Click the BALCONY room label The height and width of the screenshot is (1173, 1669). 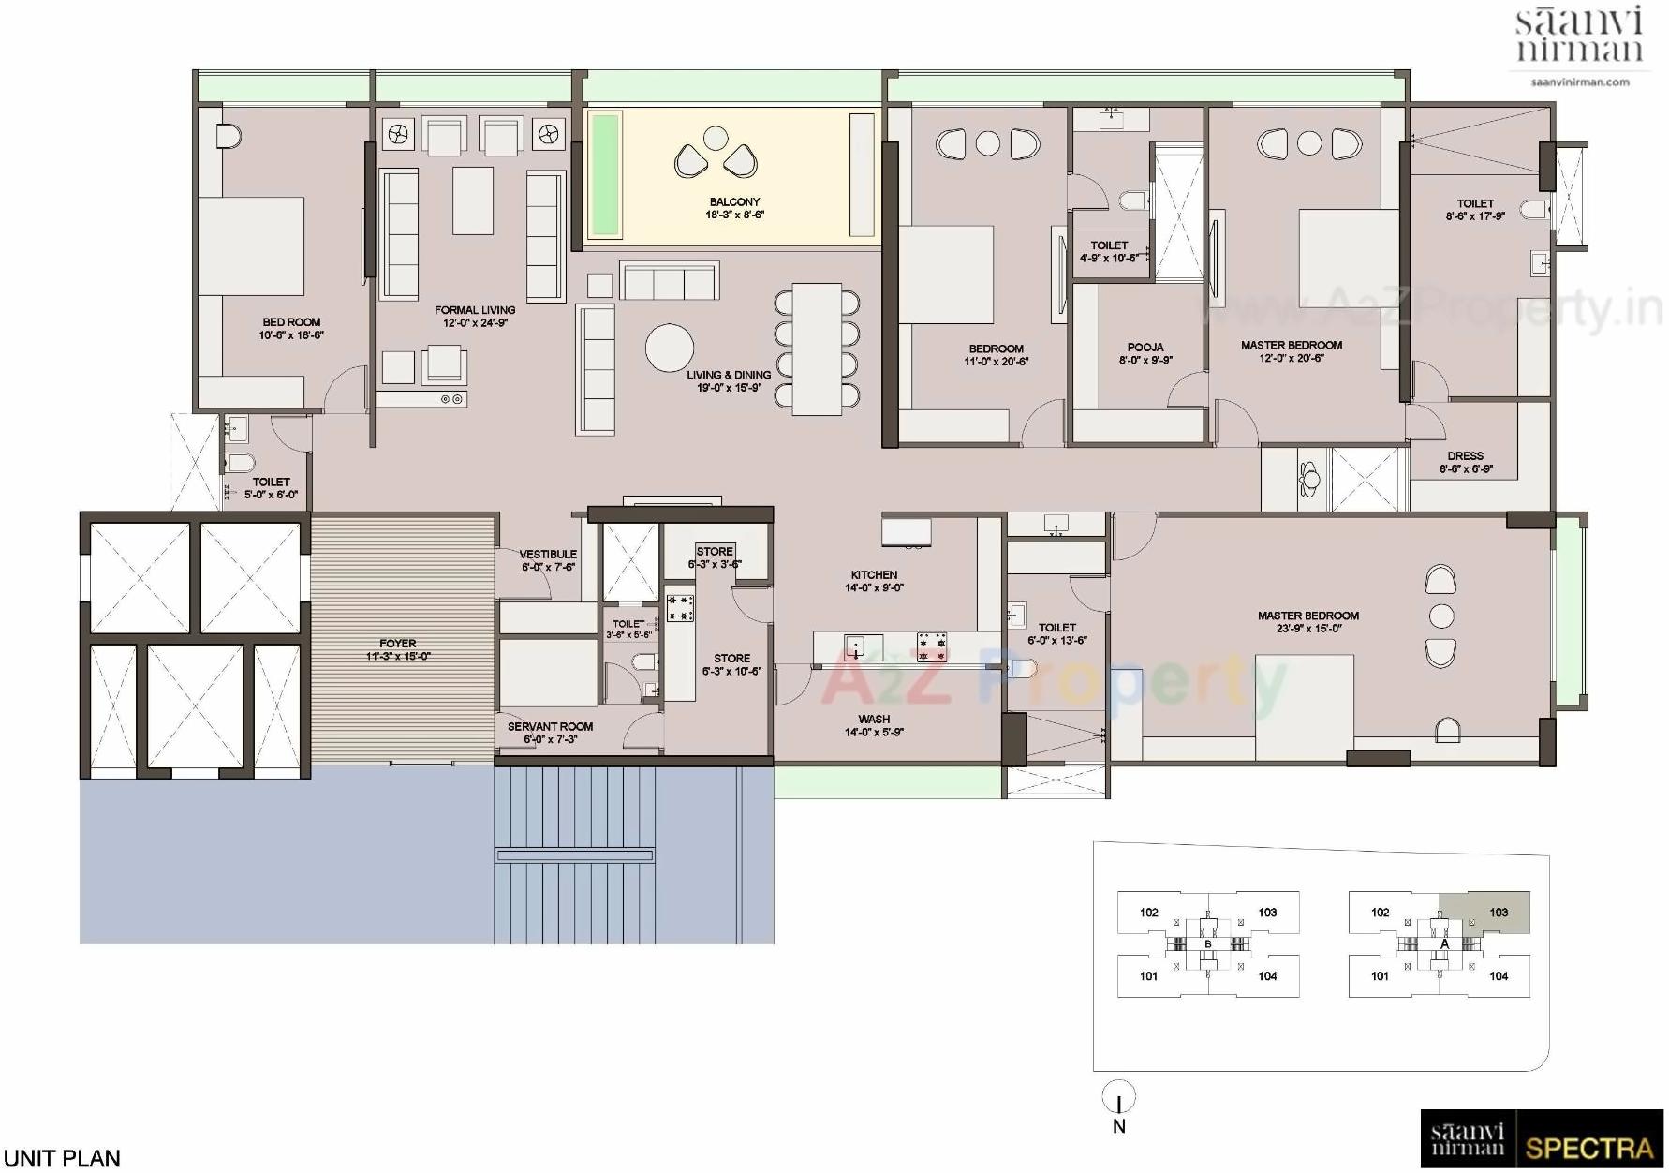[x=734, y=201]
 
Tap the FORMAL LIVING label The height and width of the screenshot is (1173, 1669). [x=475, y=310]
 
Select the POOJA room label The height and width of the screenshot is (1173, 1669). [x=1145, y=347]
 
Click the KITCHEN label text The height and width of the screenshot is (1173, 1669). [x=874, y=575]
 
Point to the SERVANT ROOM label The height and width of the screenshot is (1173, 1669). [x=550, y=726]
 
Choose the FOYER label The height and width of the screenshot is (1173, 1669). [x=398, y=644]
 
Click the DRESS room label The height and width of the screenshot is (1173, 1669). [x=1466, y=456]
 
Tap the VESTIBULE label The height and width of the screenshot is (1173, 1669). [x=548, y=555]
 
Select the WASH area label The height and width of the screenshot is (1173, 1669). [x=874, y=720]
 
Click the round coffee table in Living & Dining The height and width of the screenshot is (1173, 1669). [x=670, y=348]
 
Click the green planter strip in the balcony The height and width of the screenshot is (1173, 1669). [x=605, y=174]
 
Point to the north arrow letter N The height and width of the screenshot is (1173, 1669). [x=1119, y=1127]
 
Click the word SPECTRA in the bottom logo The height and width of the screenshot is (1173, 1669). [x=1588, y=1148]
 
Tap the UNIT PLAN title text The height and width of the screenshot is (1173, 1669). [x=62, y=1159]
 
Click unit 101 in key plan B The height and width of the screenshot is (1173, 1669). [x=1149, y=976]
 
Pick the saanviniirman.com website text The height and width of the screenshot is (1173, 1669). [x=1580, y=82]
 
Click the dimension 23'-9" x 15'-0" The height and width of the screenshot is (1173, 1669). [x=1307, y=629]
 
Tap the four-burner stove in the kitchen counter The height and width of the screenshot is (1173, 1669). [x=932, y=645]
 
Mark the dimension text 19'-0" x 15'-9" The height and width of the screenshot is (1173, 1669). [x=729, y=388]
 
